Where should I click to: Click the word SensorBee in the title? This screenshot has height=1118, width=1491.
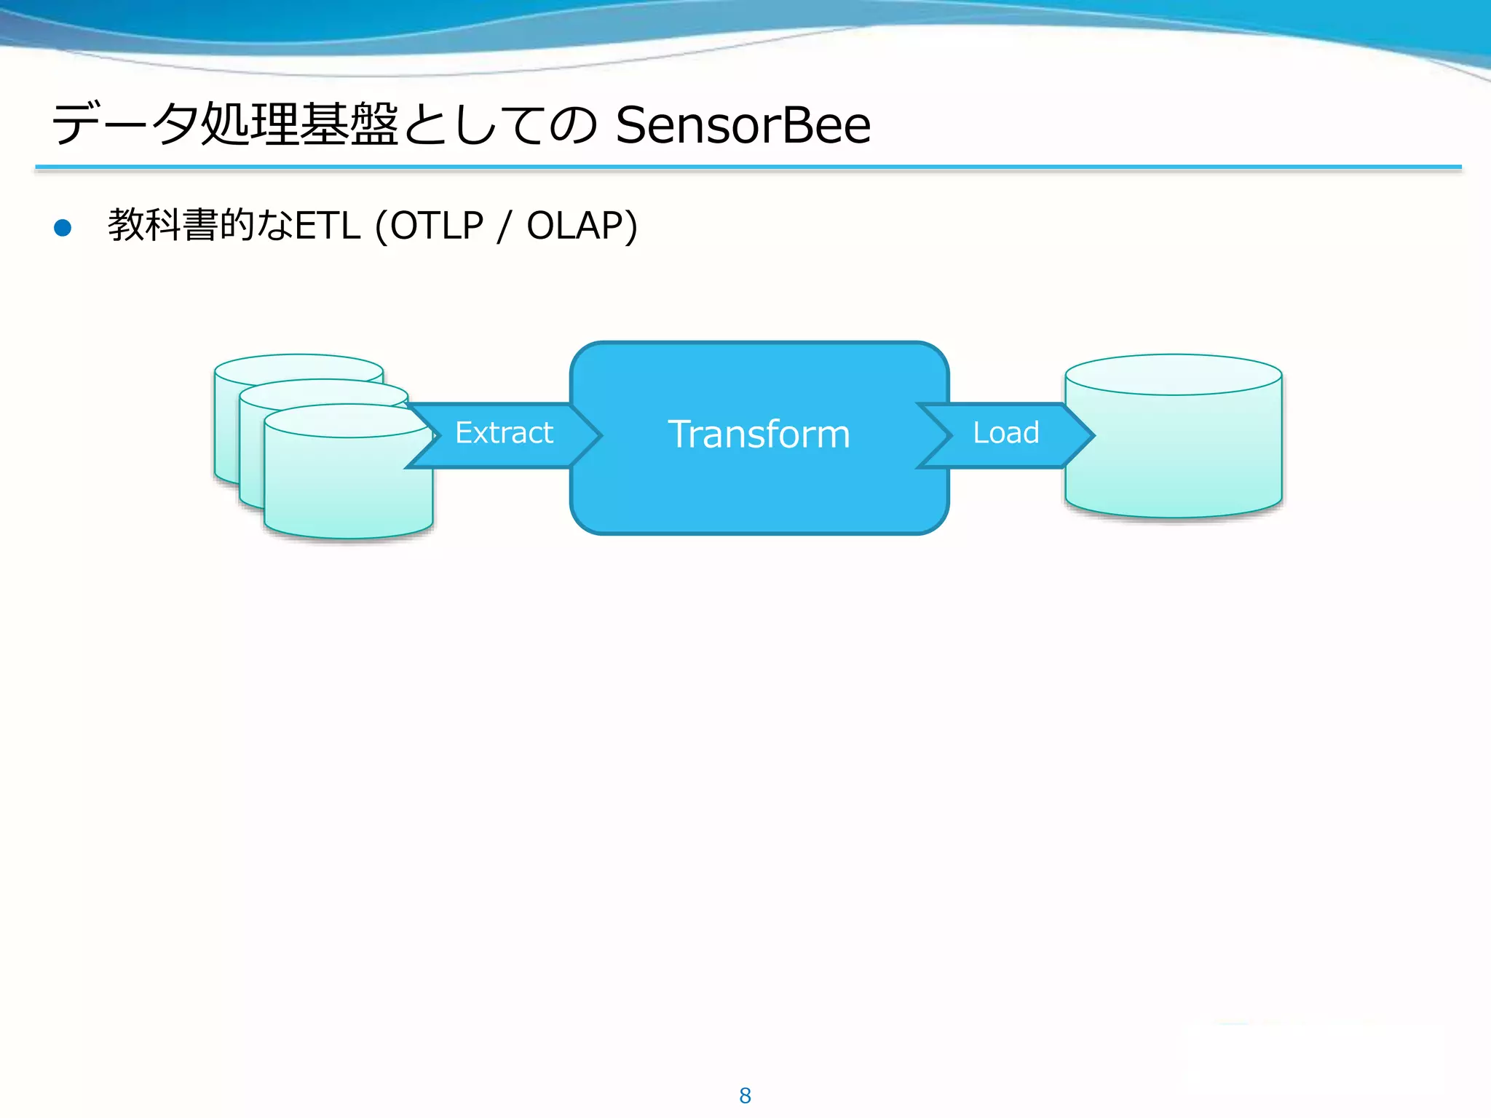(743, 125)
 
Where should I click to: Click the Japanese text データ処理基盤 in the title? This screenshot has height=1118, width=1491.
(225, 124)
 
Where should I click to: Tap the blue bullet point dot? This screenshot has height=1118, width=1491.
(63, 228)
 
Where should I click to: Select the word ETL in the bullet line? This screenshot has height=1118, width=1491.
(328, 226)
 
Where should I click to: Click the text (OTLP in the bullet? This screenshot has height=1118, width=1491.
(430, 226)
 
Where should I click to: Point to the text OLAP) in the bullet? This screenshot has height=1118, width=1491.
(582, 226)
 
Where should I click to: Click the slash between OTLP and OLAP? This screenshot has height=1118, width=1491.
(504, 226)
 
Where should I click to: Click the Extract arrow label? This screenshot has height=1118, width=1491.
(504, 433)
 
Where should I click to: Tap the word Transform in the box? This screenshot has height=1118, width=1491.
(759, 435)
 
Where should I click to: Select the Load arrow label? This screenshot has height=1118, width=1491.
(1006, 433)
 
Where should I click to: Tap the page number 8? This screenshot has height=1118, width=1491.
(745, 1095)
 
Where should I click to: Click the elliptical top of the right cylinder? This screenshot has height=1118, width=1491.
(1173, 374)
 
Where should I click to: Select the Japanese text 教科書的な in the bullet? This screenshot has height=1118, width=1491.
(200, 226)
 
